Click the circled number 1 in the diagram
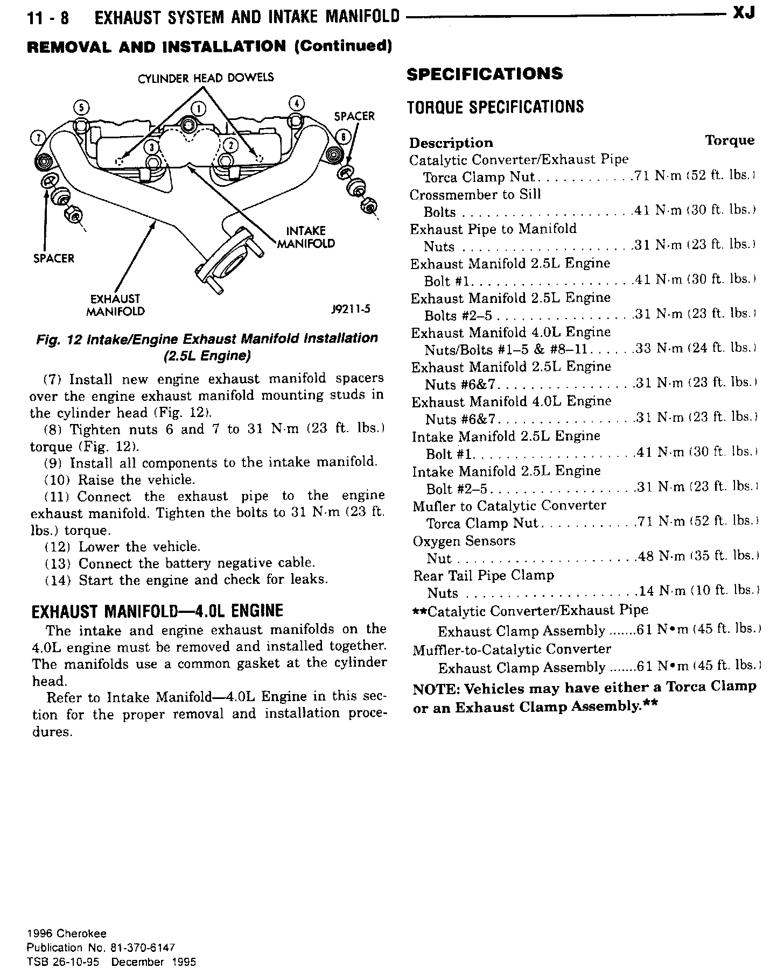click(198, 109)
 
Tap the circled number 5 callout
click(80, 107)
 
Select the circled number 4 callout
click(297, 104)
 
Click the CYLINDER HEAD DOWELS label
click(206, 78)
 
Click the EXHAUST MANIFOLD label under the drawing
click(115, 305)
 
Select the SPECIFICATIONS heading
click(485, 74)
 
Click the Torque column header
click(730, 140)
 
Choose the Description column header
click(451, 143)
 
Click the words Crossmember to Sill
click(475, 195)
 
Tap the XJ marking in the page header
click(744, 13)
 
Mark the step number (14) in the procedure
click(57, 581)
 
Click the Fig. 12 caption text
click(207, 347)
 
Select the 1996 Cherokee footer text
click(67, 934)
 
